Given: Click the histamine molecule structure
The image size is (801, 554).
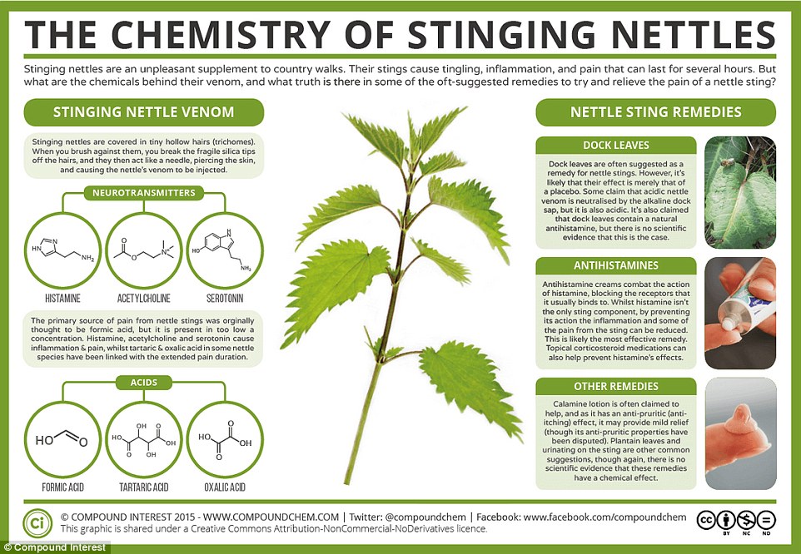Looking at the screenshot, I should (x=61, y=247).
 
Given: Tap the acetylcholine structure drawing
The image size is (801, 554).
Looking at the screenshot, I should (x=144, y=247).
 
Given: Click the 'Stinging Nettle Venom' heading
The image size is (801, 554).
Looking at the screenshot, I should (x=143, y=111).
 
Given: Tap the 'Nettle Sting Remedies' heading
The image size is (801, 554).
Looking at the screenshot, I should (x=655, y=111).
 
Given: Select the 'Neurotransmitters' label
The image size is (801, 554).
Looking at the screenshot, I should (x=143, y=193).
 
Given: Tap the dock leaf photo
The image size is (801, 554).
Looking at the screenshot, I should (x=740, y=192).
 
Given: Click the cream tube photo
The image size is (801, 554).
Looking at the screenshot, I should (x=740, y=313).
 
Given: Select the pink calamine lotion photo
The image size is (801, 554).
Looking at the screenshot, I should (x=740, y=433).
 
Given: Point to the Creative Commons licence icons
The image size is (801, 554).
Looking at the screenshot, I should (x=736, y=520).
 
